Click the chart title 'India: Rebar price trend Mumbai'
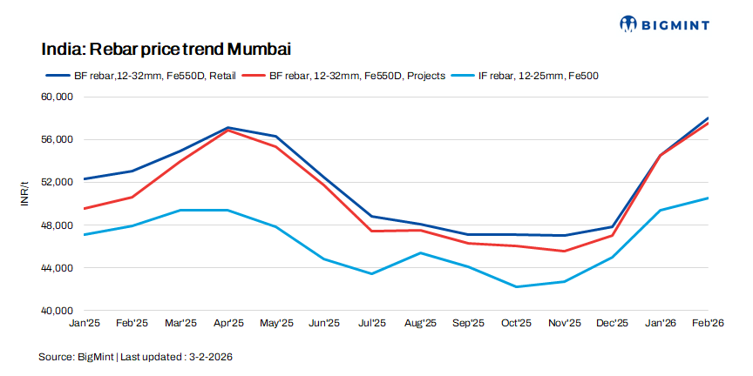point(166,47)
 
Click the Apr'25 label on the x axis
point(228,323)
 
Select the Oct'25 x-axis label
point(516,323)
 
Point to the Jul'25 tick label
point(372,323)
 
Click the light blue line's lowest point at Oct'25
point(517,287)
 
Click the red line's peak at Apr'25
point(228,131)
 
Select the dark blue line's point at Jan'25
point(85,178)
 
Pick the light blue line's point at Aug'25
point(421,253)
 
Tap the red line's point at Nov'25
point(565,252)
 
